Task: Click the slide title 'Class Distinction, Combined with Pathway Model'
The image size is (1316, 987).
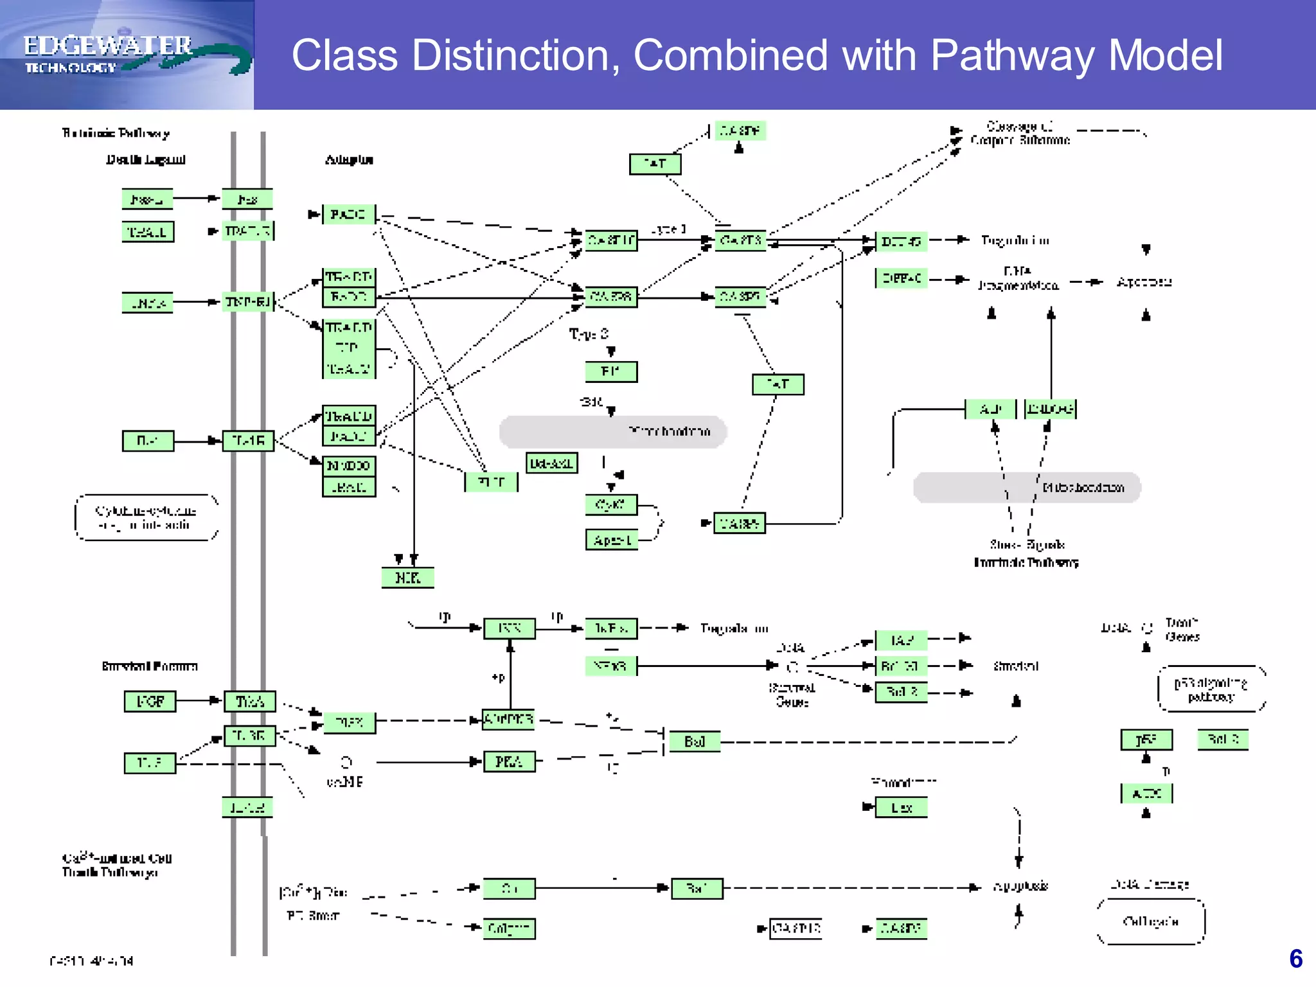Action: tap(756, 55)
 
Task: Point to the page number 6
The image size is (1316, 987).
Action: tap(1295, 959)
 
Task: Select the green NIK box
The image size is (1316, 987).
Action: tap(407, 578)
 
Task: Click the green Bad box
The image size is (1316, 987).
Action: tap(694, 742)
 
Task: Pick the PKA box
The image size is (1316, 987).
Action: tap(508, 761)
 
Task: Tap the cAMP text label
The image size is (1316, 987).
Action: tap(344, 782)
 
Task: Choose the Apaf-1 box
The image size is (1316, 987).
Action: tap(611, 540)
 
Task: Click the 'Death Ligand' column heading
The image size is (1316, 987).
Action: tap(146, 159)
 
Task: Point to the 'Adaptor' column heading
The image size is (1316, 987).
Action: tap(349, 159)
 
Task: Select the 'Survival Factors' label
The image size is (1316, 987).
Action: tap(150, 666)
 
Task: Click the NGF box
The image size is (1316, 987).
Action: tap(150, 701)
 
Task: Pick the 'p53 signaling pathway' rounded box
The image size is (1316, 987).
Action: tap(1211, 689)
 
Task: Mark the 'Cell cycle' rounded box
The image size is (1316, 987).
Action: tap(1150, 921)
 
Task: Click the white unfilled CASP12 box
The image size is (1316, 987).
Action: tap(796, 929)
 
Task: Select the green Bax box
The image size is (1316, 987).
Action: tap(901, 808)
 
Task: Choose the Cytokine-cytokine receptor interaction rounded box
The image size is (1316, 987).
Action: tap(146, 517)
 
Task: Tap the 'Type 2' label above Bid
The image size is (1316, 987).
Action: tap(588, 334)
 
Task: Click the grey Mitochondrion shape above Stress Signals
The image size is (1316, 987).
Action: tap(1026, 488)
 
